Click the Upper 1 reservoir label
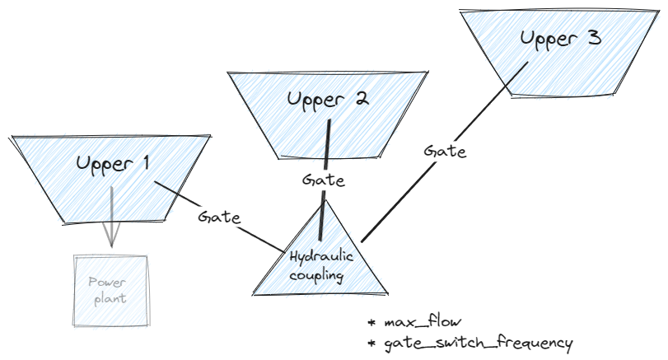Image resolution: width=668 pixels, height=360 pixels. click(x=113, y=162)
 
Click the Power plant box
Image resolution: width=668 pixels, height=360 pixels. click(x=111, y=289)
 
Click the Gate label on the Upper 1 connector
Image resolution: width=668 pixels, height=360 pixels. click(x=219, y=218)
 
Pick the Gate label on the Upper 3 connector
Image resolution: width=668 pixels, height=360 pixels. click(x=445, y=152)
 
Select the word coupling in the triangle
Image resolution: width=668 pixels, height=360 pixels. click(x=316, y=274)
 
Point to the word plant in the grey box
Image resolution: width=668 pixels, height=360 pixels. click(x=110, y=298)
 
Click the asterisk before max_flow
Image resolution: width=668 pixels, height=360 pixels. click(x=371, y=322)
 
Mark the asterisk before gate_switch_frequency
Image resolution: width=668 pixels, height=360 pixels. click(x=371, y=342)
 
